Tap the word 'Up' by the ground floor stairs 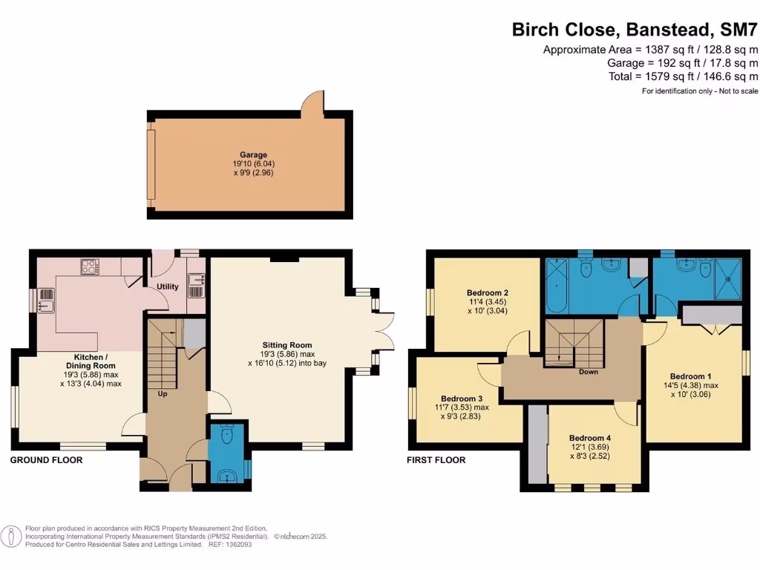click(162, 393)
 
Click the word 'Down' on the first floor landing click(589, 372)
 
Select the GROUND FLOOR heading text click(46, 460)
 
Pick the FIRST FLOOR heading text click(436, 460)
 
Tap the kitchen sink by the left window click(46, 300)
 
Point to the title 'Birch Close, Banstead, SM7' click(635, 30)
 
